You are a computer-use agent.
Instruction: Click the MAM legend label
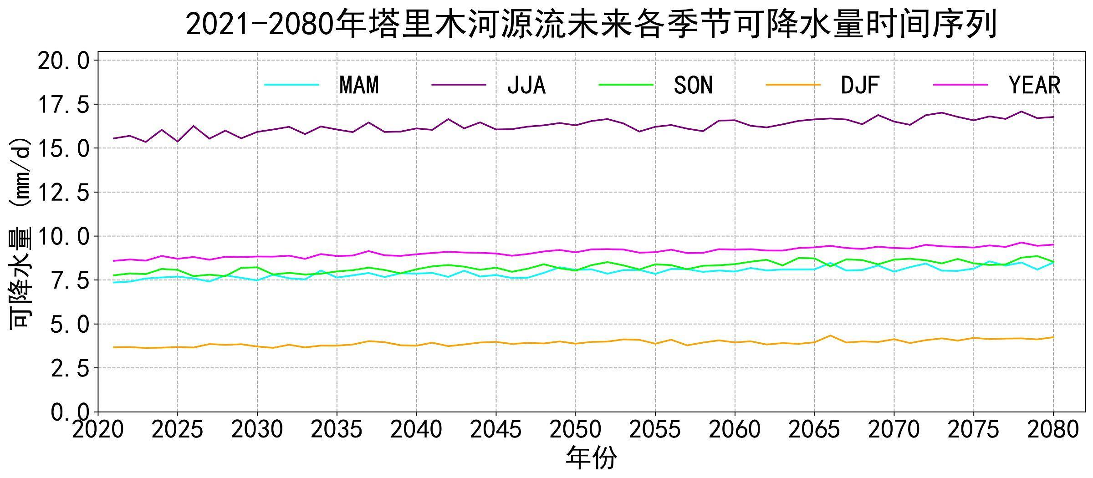pos(359,85)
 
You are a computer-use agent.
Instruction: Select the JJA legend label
pos(526,85)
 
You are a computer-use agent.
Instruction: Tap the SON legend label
pos(693,85)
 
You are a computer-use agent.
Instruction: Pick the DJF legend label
pos(860,85)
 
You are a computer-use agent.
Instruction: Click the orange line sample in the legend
pos(793,85)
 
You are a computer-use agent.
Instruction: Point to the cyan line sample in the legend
pos(291,85)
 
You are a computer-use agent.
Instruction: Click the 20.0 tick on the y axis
pos(64,60)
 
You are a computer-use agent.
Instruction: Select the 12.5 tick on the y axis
pos(64,193)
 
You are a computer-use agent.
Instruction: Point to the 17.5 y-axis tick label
pos(64,104)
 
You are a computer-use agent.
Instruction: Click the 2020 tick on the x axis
pos(98,430)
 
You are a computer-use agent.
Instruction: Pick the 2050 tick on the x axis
pos(576,430)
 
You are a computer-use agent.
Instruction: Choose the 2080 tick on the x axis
pos(1053,430)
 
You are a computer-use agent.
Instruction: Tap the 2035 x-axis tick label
pos(337,430)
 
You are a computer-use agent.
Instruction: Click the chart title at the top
pos(591,24)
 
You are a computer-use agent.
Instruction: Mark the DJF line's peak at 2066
pos(830,336)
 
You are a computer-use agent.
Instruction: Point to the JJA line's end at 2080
pos(1053,117)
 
